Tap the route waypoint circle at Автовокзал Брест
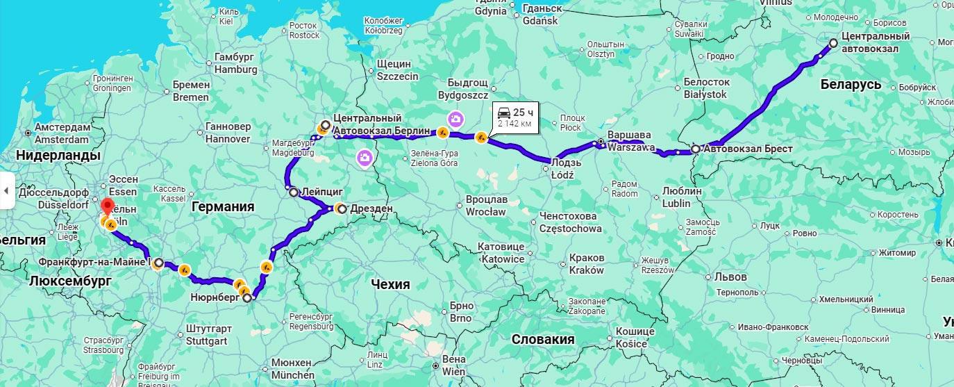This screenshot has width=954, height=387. (695, 149)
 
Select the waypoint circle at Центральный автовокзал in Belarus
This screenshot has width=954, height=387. (833, 43)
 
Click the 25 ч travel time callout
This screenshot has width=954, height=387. (514, 117)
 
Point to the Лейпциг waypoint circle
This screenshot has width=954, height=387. (293, 192)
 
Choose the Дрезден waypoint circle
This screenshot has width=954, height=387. (342, 208)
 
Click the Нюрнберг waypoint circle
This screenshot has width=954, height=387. (247, 298)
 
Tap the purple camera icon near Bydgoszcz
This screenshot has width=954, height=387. (455, 120)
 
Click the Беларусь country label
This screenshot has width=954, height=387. (851, 85)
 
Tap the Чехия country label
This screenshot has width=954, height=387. (390, 284)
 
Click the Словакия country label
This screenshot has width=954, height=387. (542, 339)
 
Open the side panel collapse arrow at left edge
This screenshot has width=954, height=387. (6, 190)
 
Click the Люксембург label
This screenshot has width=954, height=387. (70, 281)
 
